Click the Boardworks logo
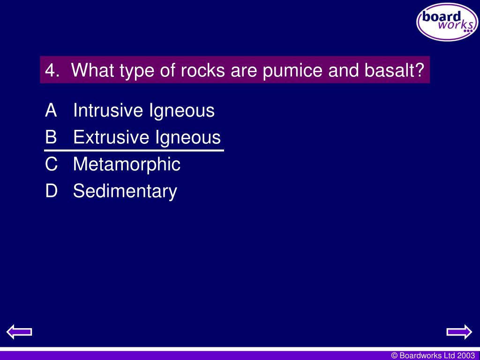(447, 22)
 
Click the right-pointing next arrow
(459, 332)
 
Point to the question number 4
(51, 71)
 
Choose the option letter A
(51, 111)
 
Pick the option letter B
(51, 137)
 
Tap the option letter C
(51, 164)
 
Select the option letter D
(51, 191)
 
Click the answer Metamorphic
(127, 164)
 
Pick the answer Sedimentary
(125, 191)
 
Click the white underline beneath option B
(134, 151)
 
